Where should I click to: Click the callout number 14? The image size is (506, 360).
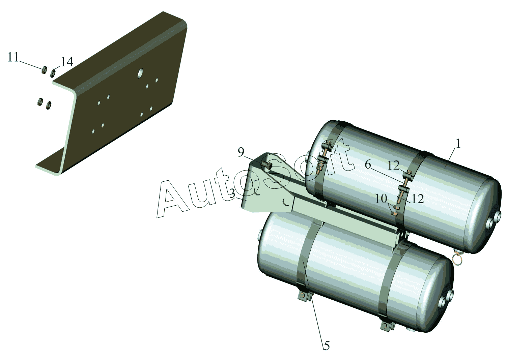(x=67, y=61)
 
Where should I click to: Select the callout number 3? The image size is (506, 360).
(x=232, y=194)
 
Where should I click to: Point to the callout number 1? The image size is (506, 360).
(x=458, y=143)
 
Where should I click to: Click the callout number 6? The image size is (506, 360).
(x=368, y=165)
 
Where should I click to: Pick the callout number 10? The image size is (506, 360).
(x=381, y=199)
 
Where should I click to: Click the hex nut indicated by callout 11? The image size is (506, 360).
(x=45, y=69)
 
